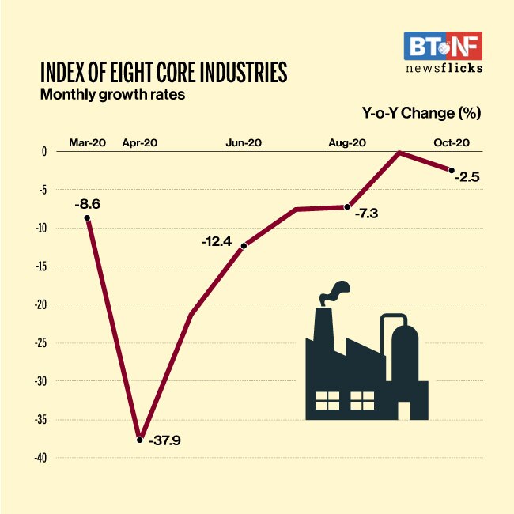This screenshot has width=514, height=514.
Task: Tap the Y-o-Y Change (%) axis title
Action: pyautogui.click(x=421, y=113)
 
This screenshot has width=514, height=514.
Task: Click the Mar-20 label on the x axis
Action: pyautogui.click(x=86, y=142)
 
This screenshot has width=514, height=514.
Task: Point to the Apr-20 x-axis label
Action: pyautogui.click(x=139, y=142)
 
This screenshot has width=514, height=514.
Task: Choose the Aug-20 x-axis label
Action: pyautogui.click(x=346, y=142)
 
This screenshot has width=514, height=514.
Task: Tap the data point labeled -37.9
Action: pyautogui.click(x=140, y=439)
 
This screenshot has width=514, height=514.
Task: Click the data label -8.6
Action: pyautogui.click(x=87, y=205)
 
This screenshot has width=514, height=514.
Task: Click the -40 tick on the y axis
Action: pyautogui.click(x=40, y=458)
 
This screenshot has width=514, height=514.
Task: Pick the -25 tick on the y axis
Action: pyautogui.click(x=40, y=343)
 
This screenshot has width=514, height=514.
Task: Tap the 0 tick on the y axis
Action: pyautogui.click(x=44, y=151)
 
